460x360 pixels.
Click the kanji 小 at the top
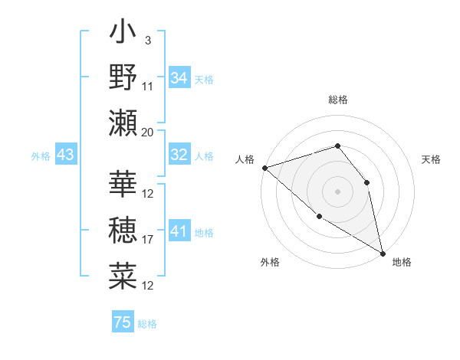tap(123, 34)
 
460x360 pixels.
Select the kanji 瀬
tap(123, 123)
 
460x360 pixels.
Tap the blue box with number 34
tap(179, 78)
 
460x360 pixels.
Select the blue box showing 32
tap(179, 155)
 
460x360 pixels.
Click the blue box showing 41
tap(179, 231)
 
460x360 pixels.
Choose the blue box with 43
tap(66, 155)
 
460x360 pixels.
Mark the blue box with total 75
tap(123, 322)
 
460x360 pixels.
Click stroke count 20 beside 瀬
tap(148, 133)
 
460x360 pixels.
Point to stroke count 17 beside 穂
tap(148, 240)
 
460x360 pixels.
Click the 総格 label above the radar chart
tap(337, 100)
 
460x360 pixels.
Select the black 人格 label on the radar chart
tap(245, 159)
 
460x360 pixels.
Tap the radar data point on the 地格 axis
tap(383, 252)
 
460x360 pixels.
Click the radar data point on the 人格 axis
tap(264, 168)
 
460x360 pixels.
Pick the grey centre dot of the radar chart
tap(337, 191)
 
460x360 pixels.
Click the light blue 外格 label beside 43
tap(41, 156)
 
